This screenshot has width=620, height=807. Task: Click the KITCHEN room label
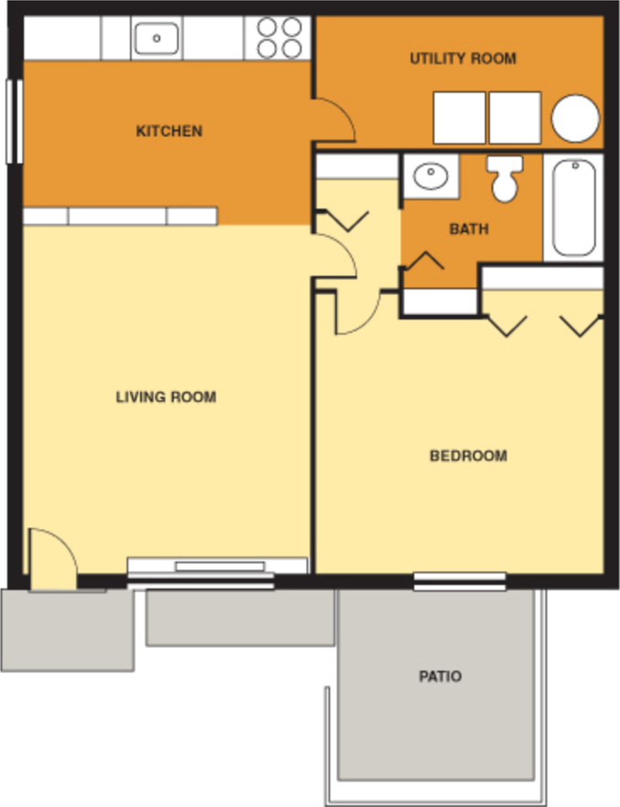pyautogui.click(x=169, y=131)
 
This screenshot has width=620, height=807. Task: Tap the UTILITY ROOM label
pyautogui.click(x=463, y=59)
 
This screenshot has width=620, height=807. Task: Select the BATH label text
pyautogui.click(x=469, y=229)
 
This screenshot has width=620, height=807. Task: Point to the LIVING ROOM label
pyautogui.click(x=166, y=397)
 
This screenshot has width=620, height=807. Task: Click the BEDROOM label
pyautogui.click(x=468, y=456)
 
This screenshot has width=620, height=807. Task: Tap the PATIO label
pyautogui.click(x=440, y=676)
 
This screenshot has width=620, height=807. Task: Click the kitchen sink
pyautogui.click(x=156, y=38)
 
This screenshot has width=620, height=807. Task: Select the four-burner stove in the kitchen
pyautogui.click(x=279, y=38)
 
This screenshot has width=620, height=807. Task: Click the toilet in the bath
pyautogui.click(x=505, y=178)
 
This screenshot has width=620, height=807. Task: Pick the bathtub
pyautogui.click(x=574, y=207)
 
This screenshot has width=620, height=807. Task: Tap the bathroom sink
pyautogui.click(x=431, y=177)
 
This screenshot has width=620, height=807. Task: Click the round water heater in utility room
pyautogui.click(x=575, y=119)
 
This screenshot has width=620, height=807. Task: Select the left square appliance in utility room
pyautogui.click(x=458, y=119)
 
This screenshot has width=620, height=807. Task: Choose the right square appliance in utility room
pyautogui.click(x=515, y=119)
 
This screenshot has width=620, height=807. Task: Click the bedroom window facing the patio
pyautogui.click(x=459, y=580)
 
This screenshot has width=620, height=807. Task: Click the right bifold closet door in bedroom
pyautogui.click(x=581, y=324)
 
